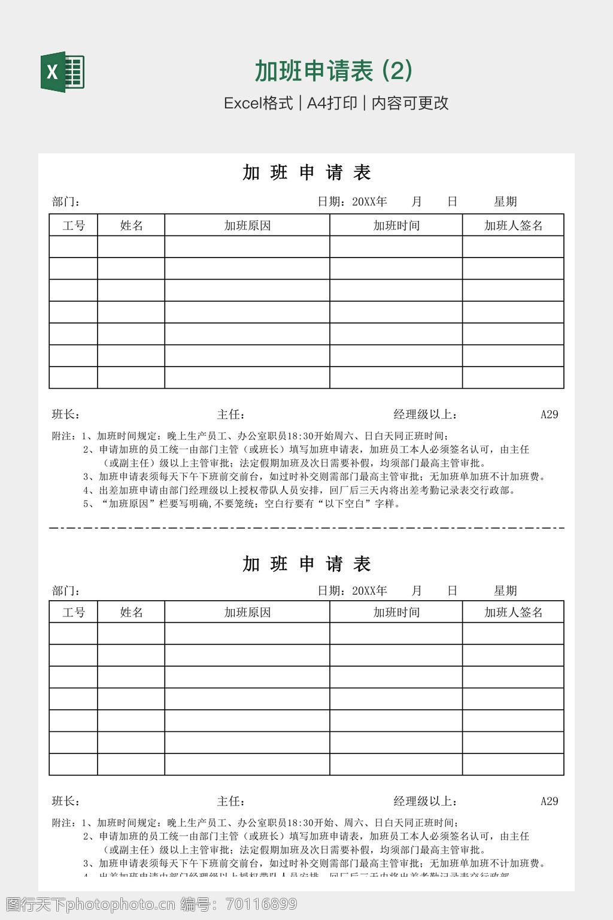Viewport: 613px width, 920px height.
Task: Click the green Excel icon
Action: (62, 72)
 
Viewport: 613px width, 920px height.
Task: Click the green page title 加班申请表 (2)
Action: (333, 71)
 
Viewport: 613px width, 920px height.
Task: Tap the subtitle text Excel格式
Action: (258, 103)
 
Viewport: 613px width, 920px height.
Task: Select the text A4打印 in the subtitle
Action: (332, 103)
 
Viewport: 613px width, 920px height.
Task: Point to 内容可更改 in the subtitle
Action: (409, 103)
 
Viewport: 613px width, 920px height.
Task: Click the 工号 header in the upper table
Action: (74, 226)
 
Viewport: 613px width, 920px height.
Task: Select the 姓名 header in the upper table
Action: (131, 226)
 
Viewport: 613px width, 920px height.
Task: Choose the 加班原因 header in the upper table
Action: (247, 226)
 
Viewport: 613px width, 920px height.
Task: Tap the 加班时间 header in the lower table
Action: (396, 612)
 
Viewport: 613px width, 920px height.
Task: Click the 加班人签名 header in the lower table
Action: (513, 612)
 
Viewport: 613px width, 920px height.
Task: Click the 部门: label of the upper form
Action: (66, 202)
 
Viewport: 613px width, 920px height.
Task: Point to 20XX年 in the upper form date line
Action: (369, 202)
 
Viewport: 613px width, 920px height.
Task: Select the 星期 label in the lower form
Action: (505, 591)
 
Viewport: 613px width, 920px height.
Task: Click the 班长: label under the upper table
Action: (66, 414)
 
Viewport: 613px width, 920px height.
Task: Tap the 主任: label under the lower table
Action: (230, 801)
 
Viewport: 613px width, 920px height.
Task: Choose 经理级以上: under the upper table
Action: (426, 414)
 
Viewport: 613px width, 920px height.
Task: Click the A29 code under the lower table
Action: (549, 801)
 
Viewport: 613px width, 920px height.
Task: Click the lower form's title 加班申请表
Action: (306, 564)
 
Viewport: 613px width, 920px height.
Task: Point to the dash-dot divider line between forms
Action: (306, 528)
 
